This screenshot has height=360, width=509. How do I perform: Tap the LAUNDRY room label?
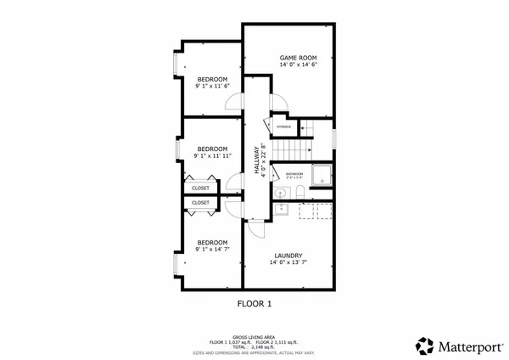[x=288, y=256]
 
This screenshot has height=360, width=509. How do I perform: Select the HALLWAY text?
[x=257, y=160]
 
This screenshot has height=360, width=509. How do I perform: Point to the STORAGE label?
[x=284, y=127]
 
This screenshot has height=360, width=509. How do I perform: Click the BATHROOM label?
[x=294, y=173]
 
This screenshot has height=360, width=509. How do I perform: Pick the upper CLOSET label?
[x=201, y=188]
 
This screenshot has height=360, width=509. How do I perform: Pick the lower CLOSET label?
[x=201, y=203]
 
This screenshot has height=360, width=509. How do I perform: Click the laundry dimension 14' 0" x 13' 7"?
[x=288, y=263]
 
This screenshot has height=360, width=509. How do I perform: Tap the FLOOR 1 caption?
[x=254, y=302]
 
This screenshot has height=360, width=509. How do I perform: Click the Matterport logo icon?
[x=424, y=346]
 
